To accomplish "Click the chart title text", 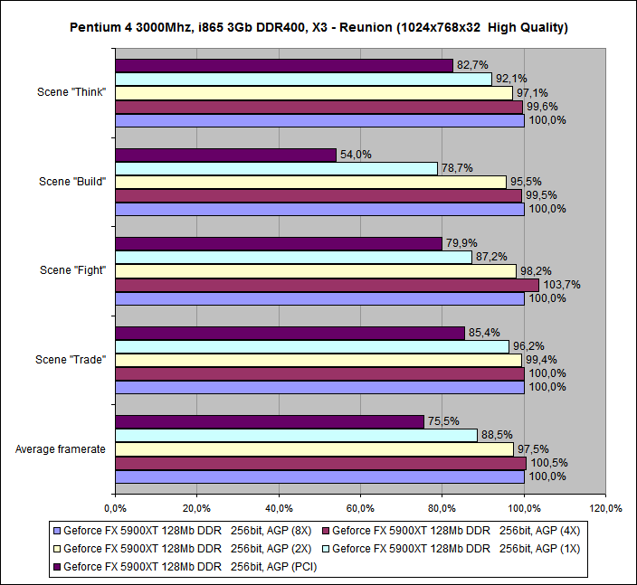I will pyautogui.click(x=318, y=27).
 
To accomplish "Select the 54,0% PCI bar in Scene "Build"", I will pyautogui.click(x=225, y=155).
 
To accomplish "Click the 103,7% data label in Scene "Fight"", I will pyautogui.click(x=562, y=285).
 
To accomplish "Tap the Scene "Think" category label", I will pyautogui.click(x=73, y=92).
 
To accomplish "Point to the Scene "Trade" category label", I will pyautogui.click(x=71, y=360).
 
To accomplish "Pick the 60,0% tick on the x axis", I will pyautogui.click(x=360, y=507).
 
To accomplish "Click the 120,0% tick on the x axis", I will pyautogui.click(x=605, y=507).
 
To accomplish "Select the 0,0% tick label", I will pyautogui.click(x=115, y=507).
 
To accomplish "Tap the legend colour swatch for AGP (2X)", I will pyautogui.click(x=56, y=549).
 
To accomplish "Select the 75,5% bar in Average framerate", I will pyautogui.click(x=269, y=421).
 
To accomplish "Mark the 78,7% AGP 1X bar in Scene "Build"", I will pyautogui.click(x=276, y=168).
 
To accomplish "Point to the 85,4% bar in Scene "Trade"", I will pyautogui.click(x=290, y=333).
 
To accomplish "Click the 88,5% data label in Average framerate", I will pyautogui.click(x=498, y=436).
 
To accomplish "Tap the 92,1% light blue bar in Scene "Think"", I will pyautogui.click(x=303, y=79).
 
